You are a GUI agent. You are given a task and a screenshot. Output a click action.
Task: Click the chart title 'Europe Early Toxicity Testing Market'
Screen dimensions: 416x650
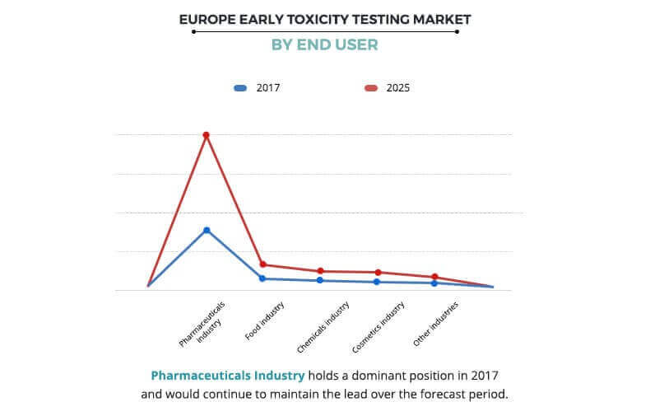coord(324,18)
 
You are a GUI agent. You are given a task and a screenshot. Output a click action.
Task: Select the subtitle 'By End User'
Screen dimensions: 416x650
coord(324,45)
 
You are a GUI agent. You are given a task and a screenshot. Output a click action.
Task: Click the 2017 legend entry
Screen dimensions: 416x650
coord(258,87)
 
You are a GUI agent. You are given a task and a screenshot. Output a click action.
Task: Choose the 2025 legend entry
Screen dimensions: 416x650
coord(387,87)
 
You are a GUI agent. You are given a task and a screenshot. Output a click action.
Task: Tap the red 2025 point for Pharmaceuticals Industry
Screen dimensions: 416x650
coord(206,135)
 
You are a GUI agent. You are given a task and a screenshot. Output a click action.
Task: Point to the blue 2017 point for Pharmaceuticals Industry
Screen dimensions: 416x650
coord(207,230)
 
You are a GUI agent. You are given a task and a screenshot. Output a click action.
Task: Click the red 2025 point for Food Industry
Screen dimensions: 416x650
coord(262,264)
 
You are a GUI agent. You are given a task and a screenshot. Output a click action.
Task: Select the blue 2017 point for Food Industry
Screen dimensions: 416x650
coord(262,278)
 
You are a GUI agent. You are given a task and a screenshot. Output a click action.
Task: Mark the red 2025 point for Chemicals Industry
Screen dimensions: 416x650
coord(320,271)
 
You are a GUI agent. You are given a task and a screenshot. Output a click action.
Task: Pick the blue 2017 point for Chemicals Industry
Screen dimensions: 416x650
coord(320,280)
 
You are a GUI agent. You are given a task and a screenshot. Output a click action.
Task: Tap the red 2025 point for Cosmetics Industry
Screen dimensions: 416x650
coord(378,272)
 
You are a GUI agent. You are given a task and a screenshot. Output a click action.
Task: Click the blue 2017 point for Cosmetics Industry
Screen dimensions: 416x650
coord(378,282)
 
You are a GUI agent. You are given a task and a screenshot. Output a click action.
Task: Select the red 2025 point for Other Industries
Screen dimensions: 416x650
coord(434,277)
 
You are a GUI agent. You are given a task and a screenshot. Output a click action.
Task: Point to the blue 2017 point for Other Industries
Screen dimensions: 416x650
coord(434,283)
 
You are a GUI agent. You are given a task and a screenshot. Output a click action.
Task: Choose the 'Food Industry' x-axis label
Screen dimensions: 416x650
coord(265,320)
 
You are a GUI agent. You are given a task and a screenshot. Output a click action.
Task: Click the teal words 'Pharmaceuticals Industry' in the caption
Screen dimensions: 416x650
coord(227,376)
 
